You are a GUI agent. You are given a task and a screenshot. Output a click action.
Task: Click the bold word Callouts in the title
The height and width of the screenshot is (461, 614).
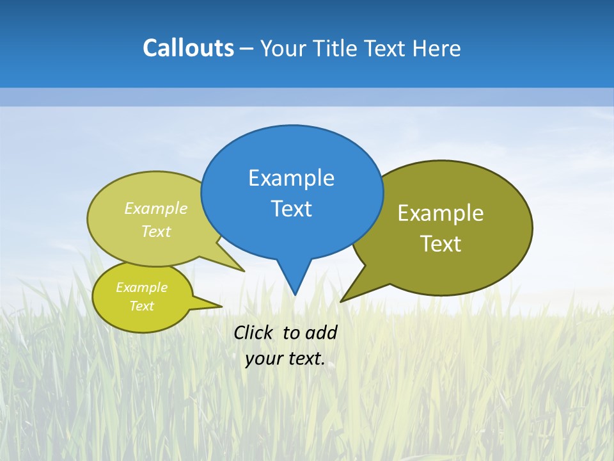[188, 48]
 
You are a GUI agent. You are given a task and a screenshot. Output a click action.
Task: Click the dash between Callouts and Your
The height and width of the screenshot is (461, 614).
[246, 49]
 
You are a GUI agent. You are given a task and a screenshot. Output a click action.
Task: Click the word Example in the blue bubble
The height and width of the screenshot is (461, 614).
[291, 178]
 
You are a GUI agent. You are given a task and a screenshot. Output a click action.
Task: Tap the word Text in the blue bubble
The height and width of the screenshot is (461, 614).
[291, 209]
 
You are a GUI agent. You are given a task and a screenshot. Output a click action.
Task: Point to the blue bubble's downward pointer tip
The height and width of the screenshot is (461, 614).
[295, 294]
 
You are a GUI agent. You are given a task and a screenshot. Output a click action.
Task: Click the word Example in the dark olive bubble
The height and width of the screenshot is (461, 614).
[441, 213]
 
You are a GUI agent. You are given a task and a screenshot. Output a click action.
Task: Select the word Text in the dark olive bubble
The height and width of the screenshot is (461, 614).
[441, 244]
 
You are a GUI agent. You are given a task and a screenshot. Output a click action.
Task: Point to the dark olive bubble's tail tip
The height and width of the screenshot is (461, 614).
[342, 301]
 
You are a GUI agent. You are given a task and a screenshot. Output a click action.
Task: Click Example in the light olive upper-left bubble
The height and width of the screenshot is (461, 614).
[156, 209]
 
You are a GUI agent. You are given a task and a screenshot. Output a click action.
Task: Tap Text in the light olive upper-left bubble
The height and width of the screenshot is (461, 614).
[156, 232]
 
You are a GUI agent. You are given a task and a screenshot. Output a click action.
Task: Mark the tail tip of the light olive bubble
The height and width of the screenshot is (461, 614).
[244, 271]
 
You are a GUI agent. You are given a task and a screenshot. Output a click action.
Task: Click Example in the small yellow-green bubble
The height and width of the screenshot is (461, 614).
[141, 287]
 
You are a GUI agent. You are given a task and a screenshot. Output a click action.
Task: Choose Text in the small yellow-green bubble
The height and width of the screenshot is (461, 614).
[141, 306]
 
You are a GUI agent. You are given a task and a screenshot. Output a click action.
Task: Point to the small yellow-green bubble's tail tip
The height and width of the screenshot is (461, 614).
[221, 306]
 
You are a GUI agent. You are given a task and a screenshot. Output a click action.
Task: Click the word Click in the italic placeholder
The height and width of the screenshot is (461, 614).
[254, 332]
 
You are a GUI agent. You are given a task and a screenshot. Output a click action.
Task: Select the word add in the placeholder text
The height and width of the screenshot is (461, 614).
[320, 332]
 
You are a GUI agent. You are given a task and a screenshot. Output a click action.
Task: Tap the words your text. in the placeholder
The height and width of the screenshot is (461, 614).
[285, 359]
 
